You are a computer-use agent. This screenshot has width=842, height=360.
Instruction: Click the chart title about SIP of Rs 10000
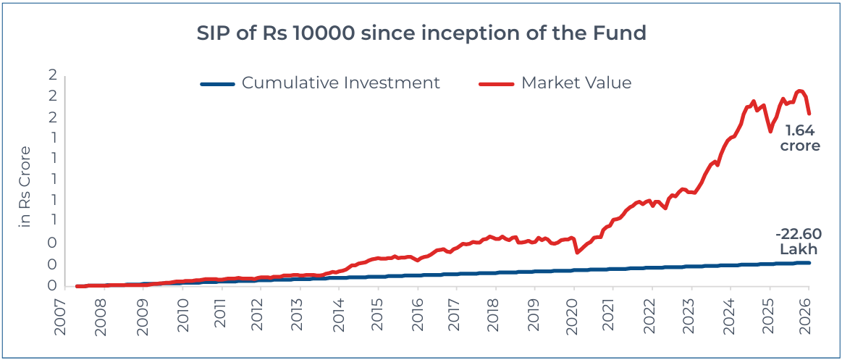(421, 34)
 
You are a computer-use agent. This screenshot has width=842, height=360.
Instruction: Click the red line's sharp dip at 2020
(577, 252)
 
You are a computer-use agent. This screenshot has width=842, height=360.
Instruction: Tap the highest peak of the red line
(799, 91)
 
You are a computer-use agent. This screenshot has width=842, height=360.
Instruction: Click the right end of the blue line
(809, 263)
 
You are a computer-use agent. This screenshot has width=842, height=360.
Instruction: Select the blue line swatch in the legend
(217, 83)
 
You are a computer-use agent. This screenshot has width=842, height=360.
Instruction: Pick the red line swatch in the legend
(496, 83)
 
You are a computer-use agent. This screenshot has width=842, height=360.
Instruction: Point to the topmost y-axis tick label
(52, 75)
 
